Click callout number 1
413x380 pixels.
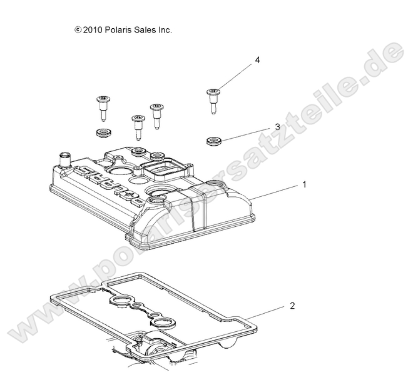tap(305, 185)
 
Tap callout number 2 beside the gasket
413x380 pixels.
tap(292, 306)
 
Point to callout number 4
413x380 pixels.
tap(257, 61)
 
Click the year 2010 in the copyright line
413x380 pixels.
tap(93, 29)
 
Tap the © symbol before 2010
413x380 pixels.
tap(78, 29)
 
